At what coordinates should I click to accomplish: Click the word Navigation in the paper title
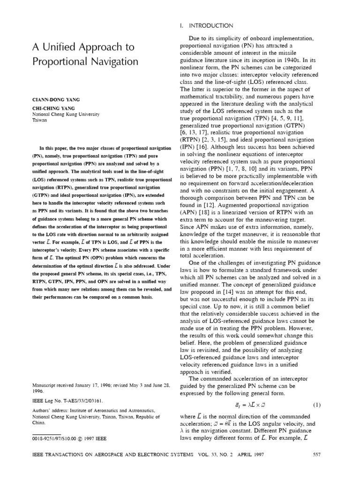tap(108, 61)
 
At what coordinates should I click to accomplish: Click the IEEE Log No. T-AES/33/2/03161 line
tap(67, 402)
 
